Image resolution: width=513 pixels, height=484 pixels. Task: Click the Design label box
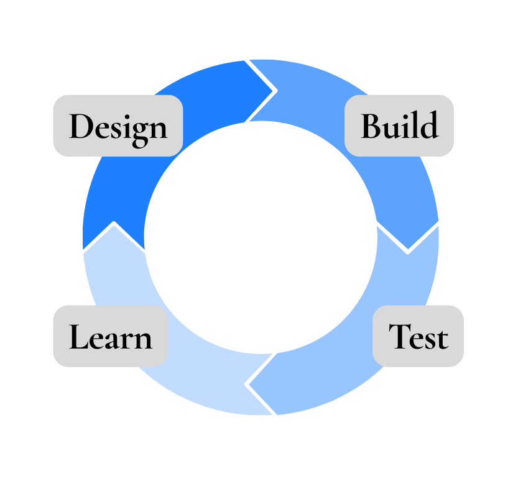118,126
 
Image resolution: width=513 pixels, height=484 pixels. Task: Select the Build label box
399,126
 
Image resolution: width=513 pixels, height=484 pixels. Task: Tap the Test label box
418,336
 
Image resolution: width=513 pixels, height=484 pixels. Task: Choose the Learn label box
110,336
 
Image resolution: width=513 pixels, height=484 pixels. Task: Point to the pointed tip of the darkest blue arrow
274,91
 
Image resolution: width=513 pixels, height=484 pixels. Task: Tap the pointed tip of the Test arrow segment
249,384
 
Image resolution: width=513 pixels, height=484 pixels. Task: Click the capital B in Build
372,126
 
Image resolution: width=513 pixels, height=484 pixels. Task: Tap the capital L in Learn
78,336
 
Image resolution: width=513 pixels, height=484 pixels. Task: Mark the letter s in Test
429,340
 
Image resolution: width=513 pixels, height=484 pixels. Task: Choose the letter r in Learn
126,340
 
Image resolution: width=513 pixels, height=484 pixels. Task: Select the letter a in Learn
112,340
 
